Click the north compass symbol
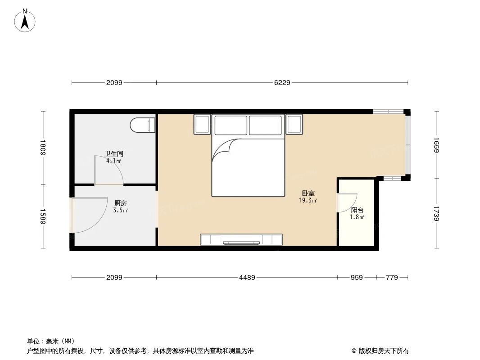point(25,20)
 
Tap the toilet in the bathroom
point(142,125)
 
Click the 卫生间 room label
point(112,153)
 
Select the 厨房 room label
point(121,203)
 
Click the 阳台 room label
point(357,210)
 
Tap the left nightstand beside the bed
point(202,124)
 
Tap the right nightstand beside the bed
point(294,124)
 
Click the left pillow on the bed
point(231,125)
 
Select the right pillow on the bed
point(266,125)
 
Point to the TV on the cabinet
point(241,243)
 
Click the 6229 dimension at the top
point(282,83)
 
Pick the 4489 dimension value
point(247,278)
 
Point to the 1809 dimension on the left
point(43,148)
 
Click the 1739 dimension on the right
point(436,213)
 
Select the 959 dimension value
point(357,278)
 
